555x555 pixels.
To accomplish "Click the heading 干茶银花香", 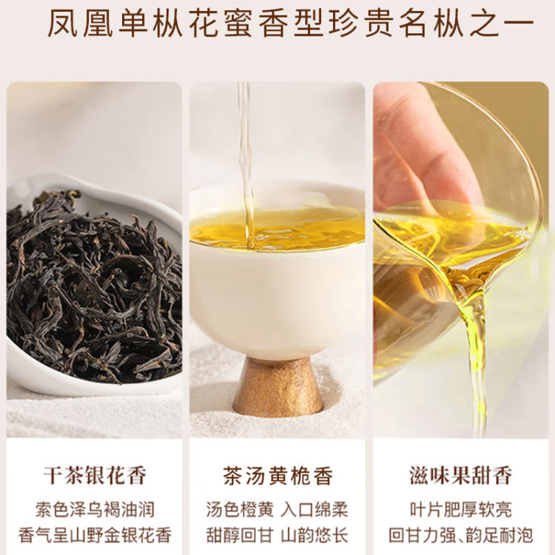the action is (95, 475).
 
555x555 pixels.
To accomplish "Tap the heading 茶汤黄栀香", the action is (277, 475).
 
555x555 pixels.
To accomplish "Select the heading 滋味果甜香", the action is (461, 475).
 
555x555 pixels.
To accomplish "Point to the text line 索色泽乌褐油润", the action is (95, 510).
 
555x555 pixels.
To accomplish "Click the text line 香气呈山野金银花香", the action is (95, 535).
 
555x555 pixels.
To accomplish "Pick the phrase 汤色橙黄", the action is (240, 510).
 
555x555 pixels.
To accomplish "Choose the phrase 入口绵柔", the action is (314, 510).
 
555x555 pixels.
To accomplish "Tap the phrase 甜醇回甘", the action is (240, 535).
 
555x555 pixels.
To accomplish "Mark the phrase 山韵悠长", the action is (314, 535).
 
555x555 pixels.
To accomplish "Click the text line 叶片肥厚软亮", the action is (461, 510).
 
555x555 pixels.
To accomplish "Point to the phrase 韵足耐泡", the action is (499, 535).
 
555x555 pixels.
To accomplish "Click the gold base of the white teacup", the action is (277, 387).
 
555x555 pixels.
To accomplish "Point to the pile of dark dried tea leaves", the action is (94, 286).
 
